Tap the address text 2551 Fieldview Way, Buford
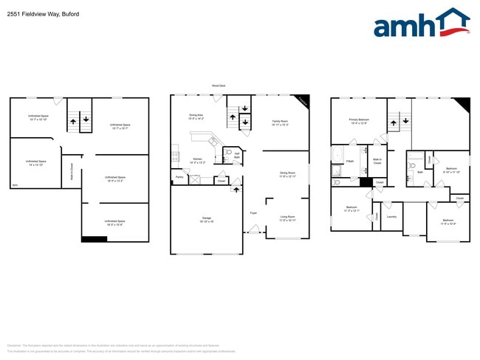coord(44,14)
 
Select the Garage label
coord(207,218)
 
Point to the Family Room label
coord(280,122)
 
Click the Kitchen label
coord(198,160)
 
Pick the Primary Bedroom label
coord(359,120)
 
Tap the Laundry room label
coord(391,217)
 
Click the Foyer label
coord(253,212)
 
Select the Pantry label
coord(179,177)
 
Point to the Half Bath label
coord(236,156)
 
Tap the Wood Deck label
coord(219,86)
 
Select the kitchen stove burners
coord(174,156)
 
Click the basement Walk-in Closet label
coord(71,171)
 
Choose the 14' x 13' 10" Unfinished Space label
coord(36,162)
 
